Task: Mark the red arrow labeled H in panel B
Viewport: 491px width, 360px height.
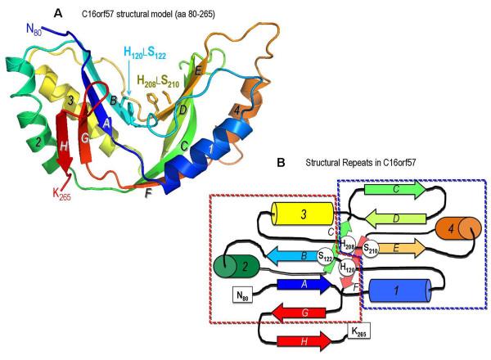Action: (307, 340)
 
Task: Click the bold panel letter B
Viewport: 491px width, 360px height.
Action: (281, 163)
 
